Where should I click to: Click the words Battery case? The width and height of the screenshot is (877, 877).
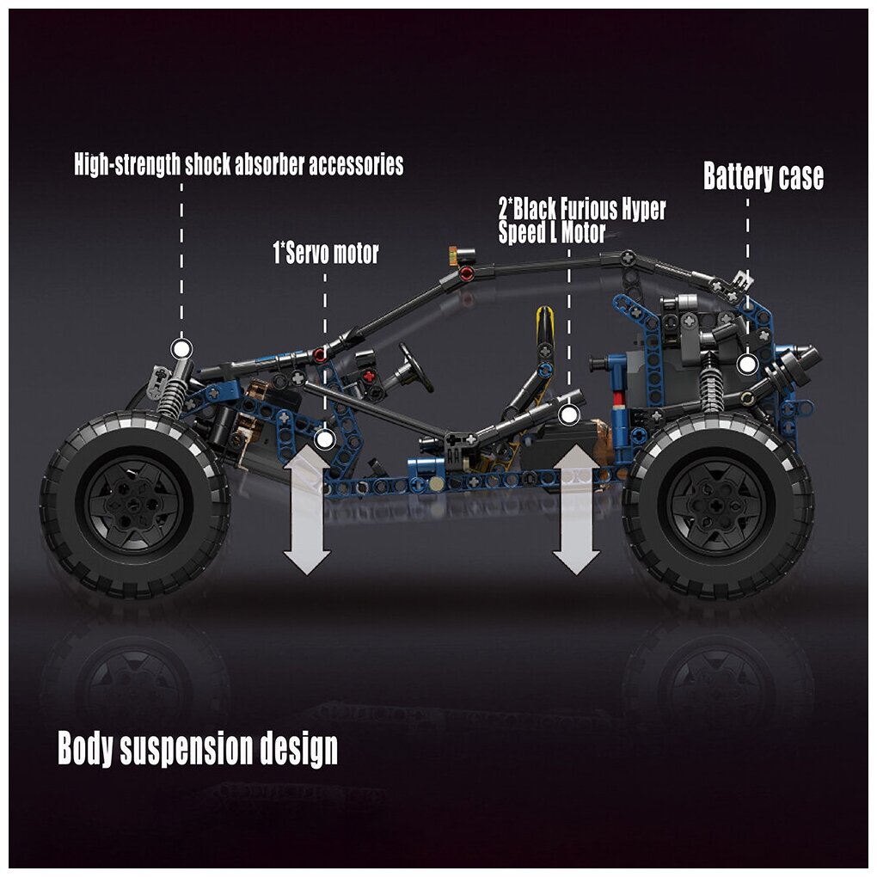click(763, 176)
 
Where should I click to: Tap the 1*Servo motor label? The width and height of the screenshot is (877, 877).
click(325, 254)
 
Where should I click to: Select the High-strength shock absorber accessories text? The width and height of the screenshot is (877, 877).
click(238, 164)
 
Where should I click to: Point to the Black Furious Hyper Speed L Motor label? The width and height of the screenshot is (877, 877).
click(581, 221)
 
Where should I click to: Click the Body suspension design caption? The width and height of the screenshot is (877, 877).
click(197, 749)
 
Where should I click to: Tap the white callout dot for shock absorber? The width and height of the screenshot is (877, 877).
click(181, 348)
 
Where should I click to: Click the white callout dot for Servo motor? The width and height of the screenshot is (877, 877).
click(324, 439)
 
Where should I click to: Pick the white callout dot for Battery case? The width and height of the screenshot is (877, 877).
click(746, 365)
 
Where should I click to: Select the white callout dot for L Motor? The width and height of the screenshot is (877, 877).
click(567, 415)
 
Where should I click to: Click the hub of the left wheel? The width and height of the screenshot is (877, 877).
click(134, 503)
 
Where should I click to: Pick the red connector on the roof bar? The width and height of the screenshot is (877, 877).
click(467, 273)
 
